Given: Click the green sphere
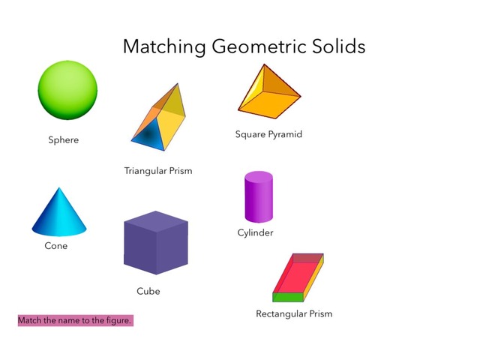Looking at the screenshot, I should tap(68, 90).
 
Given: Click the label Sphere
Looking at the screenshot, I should tap(63, 139).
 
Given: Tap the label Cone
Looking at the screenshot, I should tap(55, 246).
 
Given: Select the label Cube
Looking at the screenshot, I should tap(148, 291).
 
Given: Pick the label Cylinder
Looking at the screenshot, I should tap(255, 232).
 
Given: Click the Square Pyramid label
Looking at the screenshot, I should tap(268, 135).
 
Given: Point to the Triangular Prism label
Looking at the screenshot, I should tap(158, 171).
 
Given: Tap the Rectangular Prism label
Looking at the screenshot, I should tap(294, 313).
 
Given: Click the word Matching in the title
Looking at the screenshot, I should tap(163, 47).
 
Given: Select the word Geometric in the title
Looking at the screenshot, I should tap(259, 47).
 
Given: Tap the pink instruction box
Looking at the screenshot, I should tap(75, 320).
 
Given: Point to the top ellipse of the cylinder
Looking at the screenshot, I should tap(259, 176).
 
